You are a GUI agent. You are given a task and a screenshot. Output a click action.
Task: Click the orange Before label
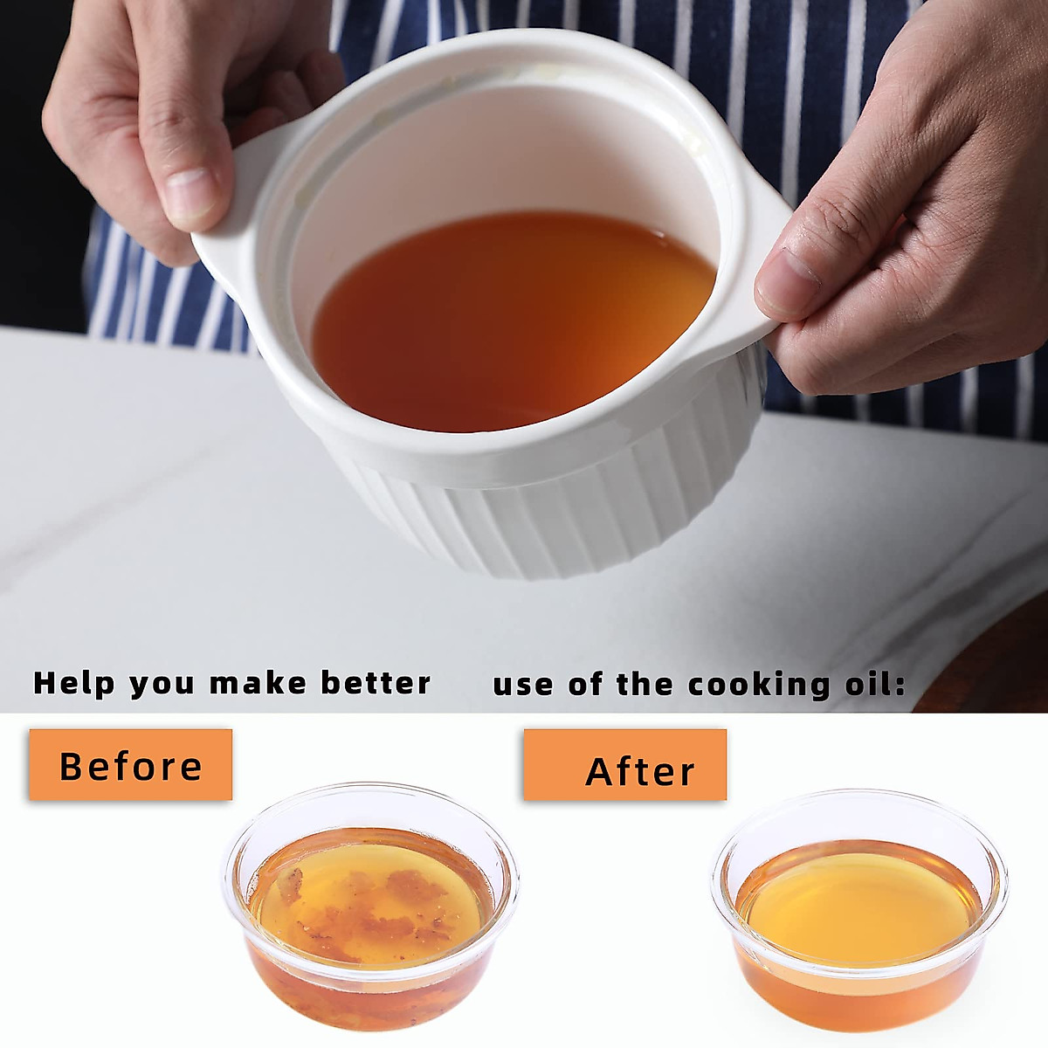coord(130,765)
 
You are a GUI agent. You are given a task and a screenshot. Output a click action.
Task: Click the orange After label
coord(624,765)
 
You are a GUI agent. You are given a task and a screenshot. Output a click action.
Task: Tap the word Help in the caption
coord(72,683)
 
